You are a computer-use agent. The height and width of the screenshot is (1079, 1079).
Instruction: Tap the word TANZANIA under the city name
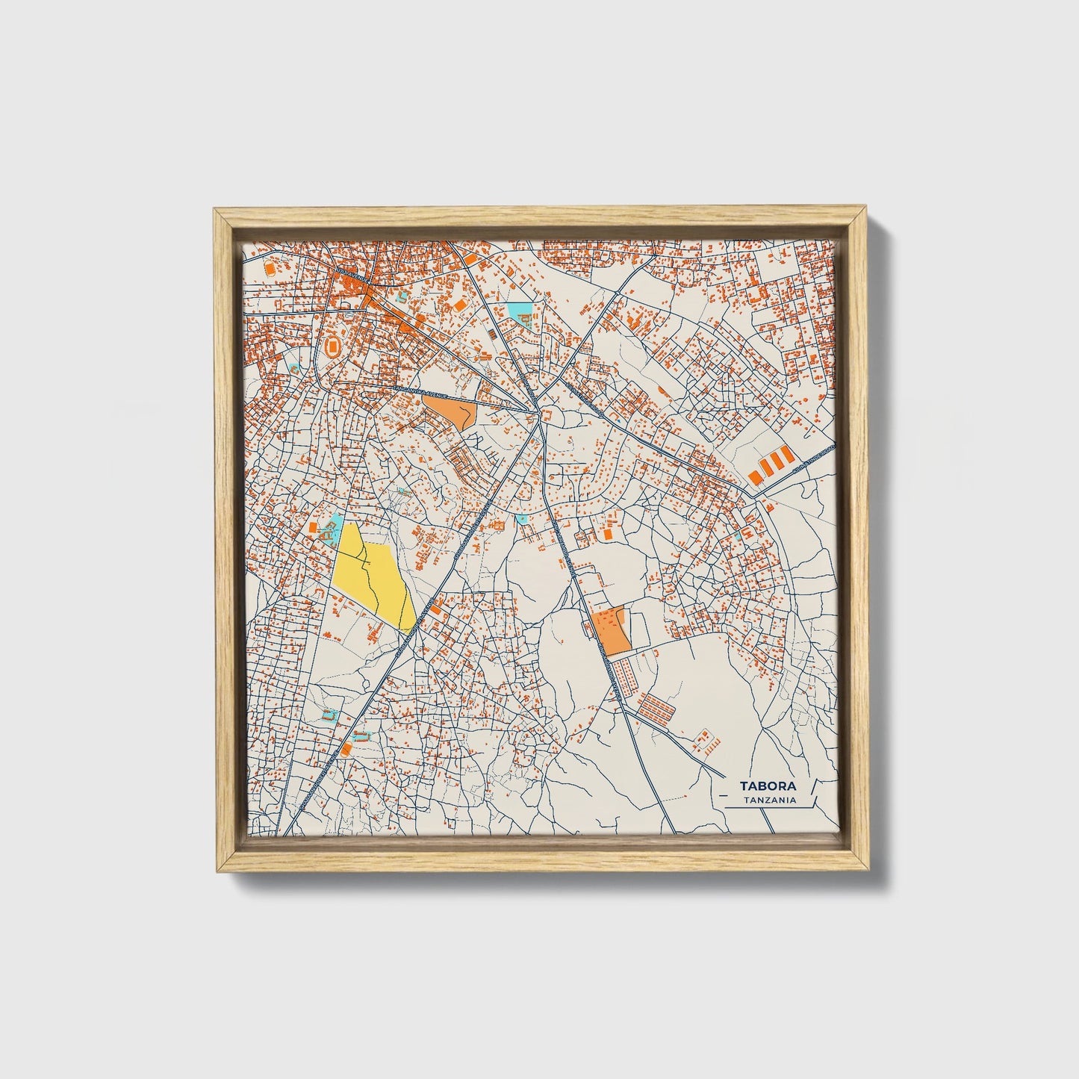point(769,800)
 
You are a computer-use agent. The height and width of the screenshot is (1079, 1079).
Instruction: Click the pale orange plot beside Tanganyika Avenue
point(450,409)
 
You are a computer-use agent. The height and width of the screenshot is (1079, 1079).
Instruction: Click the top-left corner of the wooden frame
point(214,211)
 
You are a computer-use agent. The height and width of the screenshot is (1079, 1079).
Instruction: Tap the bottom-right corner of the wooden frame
point(864,872)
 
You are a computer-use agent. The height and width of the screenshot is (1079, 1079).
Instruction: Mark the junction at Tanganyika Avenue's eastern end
point(538,412)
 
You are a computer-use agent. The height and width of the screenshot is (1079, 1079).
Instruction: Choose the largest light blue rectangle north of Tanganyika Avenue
point(518,308)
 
